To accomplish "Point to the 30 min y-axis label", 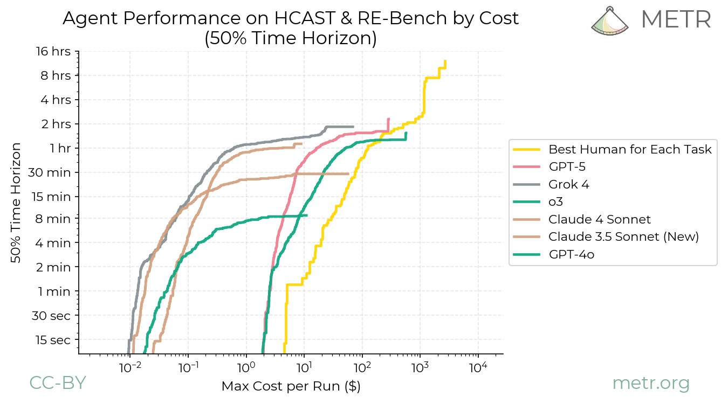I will click(x=52, y=172).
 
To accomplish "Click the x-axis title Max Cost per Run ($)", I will click(x=291, y=387).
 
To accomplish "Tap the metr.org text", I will click(x=651, y=384).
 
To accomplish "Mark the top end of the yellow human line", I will click(x=445, y=61).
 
